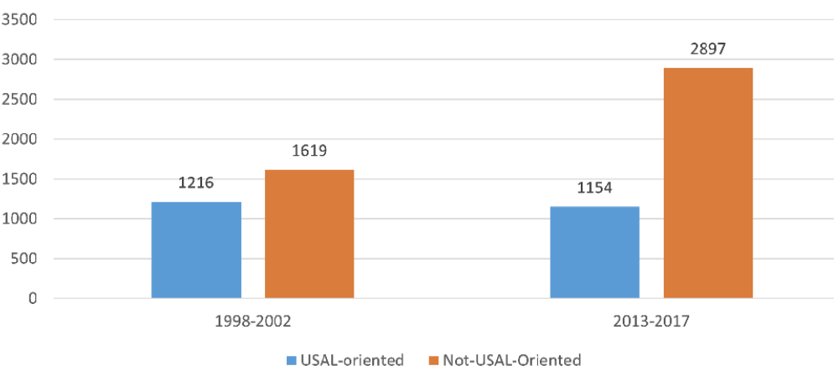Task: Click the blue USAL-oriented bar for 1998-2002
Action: [x=196, y=250]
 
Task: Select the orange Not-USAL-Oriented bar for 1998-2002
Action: [x=309, y=234]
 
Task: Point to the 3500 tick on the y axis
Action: [x=22, y=20]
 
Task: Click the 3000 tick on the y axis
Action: [x=22, y=59]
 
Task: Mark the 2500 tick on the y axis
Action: [x=22, y=100]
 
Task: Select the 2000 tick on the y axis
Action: [x=22, y=139]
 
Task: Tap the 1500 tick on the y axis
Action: [x=22, y=179]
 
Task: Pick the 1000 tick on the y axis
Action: [x=22, y=219]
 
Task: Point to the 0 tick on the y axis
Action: [x=33, y=298]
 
